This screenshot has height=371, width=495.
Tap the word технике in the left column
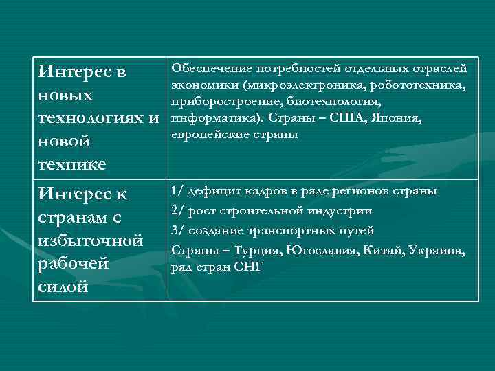[x=71, y=165]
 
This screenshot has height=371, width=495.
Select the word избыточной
[x=91, y=240]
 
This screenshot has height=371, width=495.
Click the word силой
[x=63, y=287]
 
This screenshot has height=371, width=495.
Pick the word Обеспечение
[x=211, y=69]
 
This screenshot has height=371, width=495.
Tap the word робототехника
[x=418, y=85]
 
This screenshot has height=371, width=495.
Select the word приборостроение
[x=219, y=102]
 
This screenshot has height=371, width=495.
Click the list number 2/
[x=177, y=211]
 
